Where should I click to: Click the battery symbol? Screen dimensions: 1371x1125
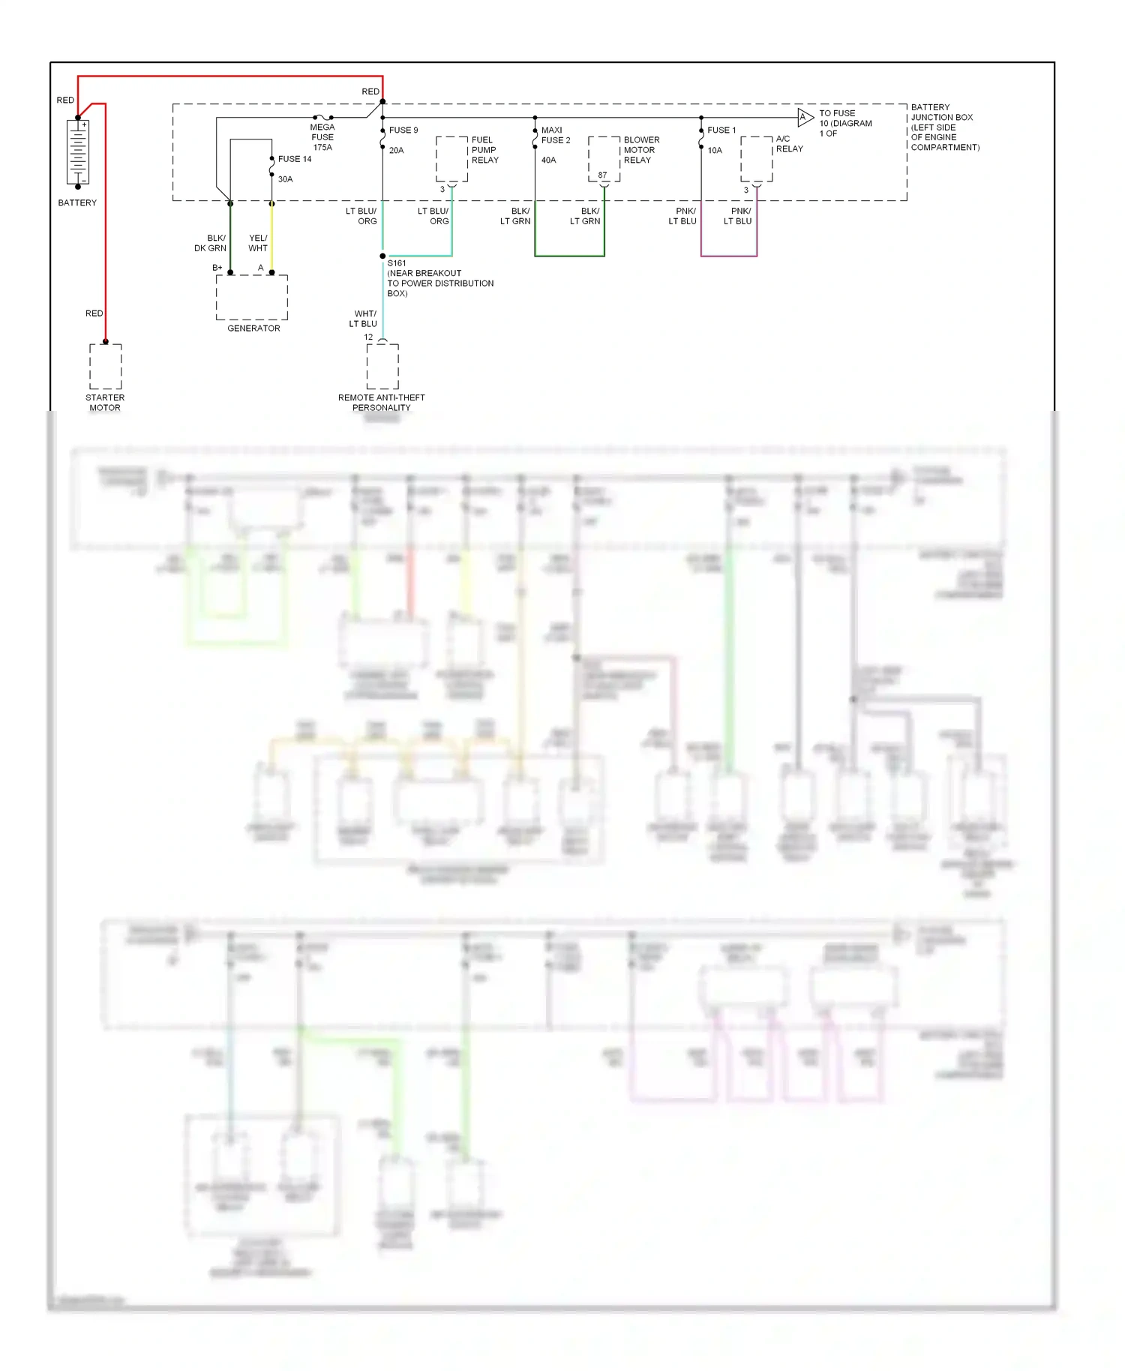pos(78,152)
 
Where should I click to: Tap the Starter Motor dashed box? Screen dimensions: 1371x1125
pos(106,367)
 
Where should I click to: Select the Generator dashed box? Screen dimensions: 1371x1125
pos(252,297)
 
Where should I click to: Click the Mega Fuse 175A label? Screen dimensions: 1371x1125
pos(322,137)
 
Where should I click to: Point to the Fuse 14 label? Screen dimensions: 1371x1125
pos(295,159)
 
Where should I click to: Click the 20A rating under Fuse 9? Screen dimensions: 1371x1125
pos(397,151)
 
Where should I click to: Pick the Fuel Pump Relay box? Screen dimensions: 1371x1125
pos(451,158)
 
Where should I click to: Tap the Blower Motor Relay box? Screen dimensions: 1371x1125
pos(604,158)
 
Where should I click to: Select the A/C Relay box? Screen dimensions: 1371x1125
pos(756,158)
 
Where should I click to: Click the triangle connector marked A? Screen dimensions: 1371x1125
pos(804,117)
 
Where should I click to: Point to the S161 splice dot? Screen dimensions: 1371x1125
pos(382,256)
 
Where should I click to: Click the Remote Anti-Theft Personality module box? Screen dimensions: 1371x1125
pos(382,367)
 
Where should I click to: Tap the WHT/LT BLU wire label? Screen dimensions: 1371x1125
pos(364,319)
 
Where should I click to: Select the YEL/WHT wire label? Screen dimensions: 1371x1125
pos(258,243)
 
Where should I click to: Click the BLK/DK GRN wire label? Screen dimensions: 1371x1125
pos(211,243)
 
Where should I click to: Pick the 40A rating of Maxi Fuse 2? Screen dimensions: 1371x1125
pos(549,160)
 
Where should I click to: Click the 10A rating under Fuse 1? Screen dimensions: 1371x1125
pos(715,151)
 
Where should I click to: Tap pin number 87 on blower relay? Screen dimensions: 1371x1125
pos(602,175)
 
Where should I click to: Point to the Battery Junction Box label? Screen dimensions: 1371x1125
pos(943,127)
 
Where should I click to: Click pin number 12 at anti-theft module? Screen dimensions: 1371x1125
pos(368,337)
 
